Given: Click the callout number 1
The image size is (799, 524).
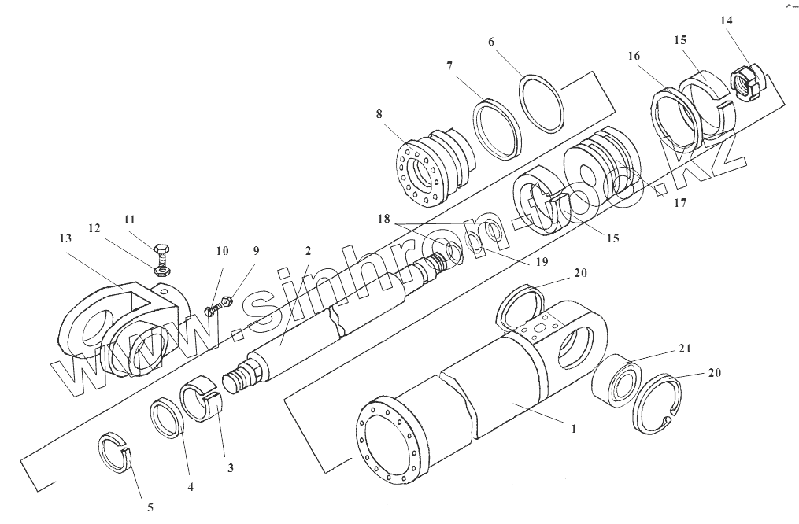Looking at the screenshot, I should coord(574,430).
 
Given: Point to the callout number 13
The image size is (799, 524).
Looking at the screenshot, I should coord(66,237).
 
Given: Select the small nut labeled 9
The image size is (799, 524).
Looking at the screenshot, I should coord(227,300).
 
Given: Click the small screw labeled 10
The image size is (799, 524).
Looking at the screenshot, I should coord(210,309).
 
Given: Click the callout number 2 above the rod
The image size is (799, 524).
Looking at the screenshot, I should coord(308,251).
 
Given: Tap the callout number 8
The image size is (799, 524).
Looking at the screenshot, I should coord(379,114).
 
